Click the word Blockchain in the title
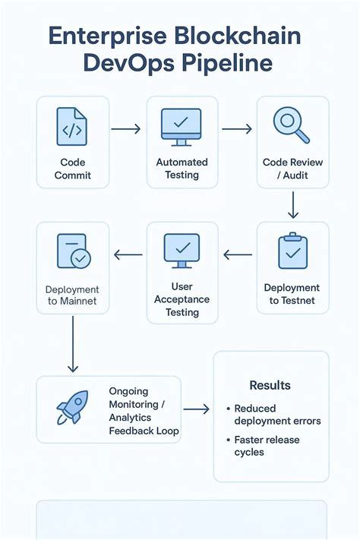tap(238, 36)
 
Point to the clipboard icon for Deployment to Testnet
tap(292, 251)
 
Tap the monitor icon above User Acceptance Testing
tap(182, 251)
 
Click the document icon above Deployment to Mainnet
tap(73, 251)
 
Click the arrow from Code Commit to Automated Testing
tap(126, 130)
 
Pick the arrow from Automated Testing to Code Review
tap(236, 130)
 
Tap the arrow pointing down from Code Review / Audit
tap(293, 204)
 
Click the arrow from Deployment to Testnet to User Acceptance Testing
tap(237, 255)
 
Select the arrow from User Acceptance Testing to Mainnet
tap(128, 255)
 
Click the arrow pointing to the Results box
tap(196, 409)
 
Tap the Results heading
tap(270, 386)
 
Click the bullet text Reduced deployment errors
tap(277, 415)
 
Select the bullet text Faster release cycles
tap(267, 446)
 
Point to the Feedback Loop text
tap(144, 431)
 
